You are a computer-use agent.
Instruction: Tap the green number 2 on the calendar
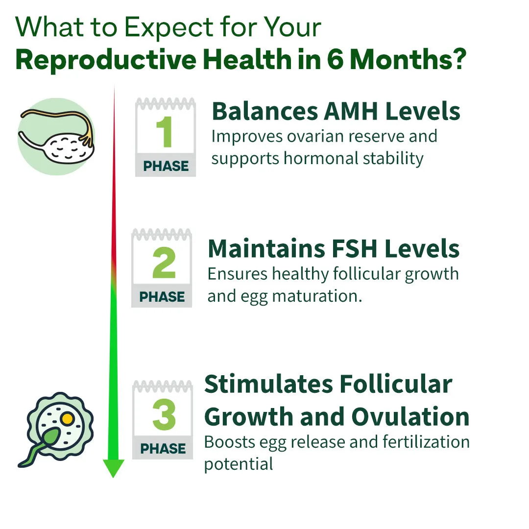point(164,262)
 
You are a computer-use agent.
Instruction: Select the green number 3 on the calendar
point(164,414)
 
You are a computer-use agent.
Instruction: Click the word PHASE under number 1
point(166,166)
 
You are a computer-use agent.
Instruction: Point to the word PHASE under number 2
point(162,297)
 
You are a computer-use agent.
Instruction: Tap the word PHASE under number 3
point(163,449)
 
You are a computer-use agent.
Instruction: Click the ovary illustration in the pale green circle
point(56,137)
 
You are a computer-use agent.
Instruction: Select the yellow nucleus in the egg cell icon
point(68,419)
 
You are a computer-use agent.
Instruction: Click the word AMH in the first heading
point(351,111)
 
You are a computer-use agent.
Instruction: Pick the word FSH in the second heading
point(354,249)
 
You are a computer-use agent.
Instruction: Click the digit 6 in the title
point(335,59)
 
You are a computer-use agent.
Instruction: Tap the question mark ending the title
point(459,59)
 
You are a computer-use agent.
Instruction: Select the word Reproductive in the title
point(106,59)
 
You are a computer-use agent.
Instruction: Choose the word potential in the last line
point(239,464)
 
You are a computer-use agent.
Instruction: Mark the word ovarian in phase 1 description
point(315,136)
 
